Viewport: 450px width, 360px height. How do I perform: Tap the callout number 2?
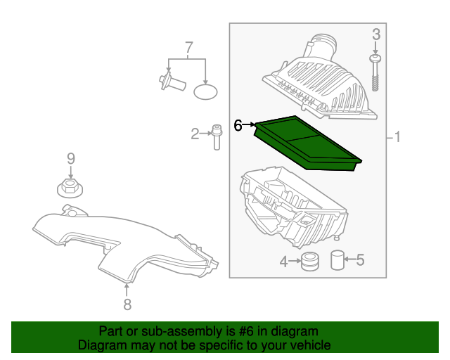tap(195, 133)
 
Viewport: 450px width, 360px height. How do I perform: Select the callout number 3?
tap(375, 34)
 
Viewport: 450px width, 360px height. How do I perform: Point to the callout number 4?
tap(283, 262)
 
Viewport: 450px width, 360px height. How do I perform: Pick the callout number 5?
tap(360, 261)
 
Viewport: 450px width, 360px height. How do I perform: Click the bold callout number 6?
tap(238, 125)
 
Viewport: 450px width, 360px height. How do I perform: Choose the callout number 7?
tap(188, 48)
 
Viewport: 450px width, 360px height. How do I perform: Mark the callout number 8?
tap(127, 304)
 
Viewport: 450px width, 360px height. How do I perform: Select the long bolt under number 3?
tap(375, 74)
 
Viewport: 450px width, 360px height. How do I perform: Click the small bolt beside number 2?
tap(217, 136)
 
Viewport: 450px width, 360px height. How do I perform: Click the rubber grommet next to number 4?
tap(309, 261)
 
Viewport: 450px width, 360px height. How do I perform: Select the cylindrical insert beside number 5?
tap(337, 260)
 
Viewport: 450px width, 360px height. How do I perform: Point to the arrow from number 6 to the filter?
tap(250, 124)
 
